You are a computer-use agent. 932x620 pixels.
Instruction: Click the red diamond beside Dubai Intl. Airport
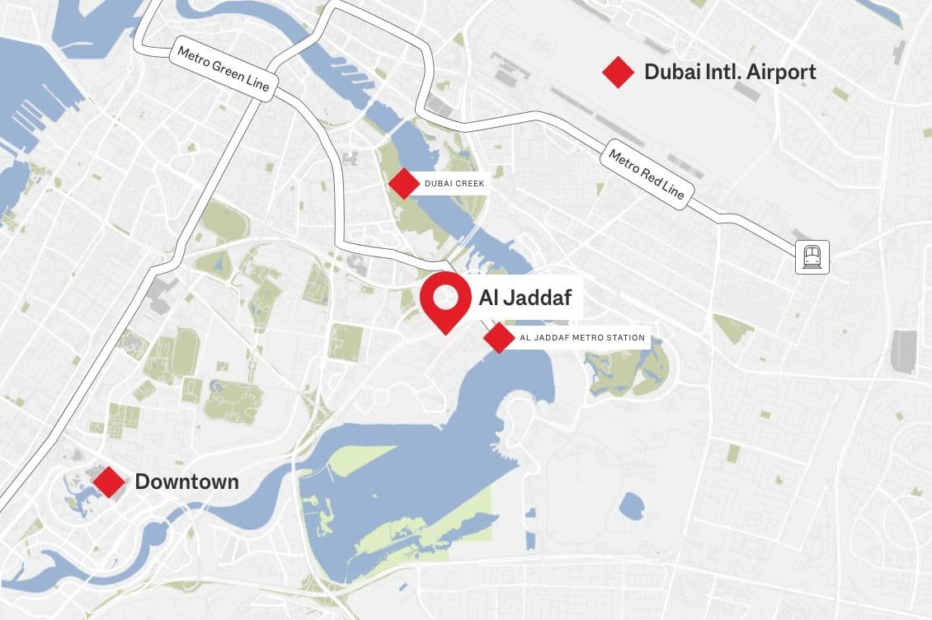[618, 72]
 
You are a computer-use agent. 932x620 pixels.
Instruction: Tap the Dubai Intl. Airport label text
[730, 72]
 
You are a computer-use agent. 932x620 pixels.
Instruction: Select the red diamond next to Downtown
[109, 481]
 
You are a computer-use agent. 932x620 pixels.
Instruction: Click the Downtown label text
[186, 481]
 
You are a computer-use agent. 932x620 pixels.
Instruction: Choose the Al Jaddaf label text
[525, 297]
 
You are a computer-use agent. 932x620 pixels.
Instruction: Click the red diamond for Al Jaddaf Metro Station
[499, 338]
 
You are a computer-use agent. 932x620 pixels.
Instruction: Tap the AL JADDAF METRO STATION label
[582, 338]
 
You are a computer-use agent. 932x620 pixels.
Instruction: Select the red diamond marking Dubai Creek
[403, 183]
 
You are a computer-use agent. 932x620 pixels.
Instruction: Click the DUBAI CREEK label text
[454, 184]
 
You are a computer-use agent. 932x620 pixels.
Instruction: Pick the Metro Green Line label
[224, 73]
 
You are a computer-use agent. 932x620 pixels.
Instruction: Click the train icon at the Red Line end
[812, 257]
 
